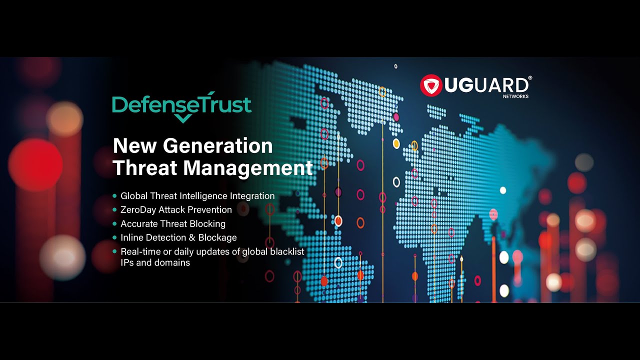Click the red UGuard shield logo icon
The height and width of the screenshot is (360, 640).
[431, 85]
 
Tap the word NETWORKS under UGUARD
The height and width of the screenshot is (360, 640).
[515, 96]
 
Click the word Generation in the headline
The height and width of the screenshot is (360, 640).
[218, 146]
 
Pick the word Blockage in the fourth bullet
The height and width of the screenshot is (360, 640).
[217, 237]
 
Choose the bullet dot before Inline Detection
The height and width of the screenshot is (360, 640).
[115, 237]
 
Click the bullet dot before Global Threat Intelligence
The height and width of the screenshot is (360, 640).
[115, 196]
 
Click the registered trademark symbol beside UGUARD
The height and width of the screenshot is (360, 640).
[530, 78]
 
